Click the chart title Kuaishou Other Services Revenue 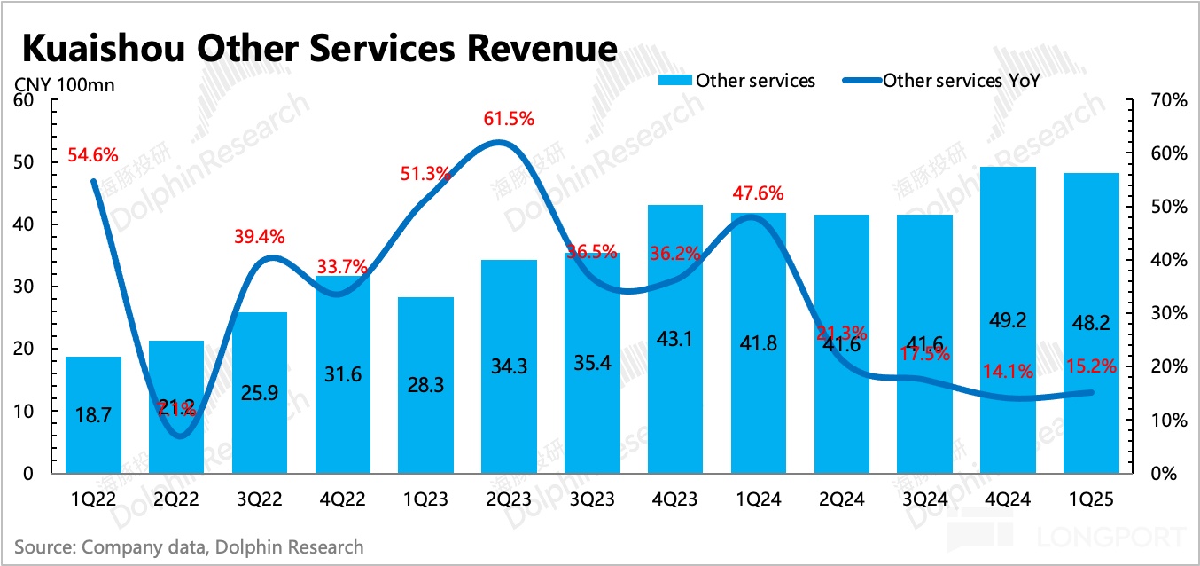pos(319,47)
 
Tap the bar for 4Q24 pos(1008,319)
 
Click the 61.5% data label pos(509,119)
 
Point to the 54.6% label pos(93,155)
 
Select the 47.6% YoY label pos(759,193)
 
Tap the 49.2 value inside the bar pos(1008,320)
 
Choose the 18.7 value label pos(93,414)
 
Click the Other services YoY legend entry pos(961,81)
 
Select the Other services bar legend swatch pos(674,81)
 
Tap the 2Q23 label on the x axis pos(509,499)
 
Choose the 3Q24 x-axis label pos(924,499)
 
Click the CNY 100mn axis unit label pos(64,85)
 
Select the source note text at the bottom pos(189,546)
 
